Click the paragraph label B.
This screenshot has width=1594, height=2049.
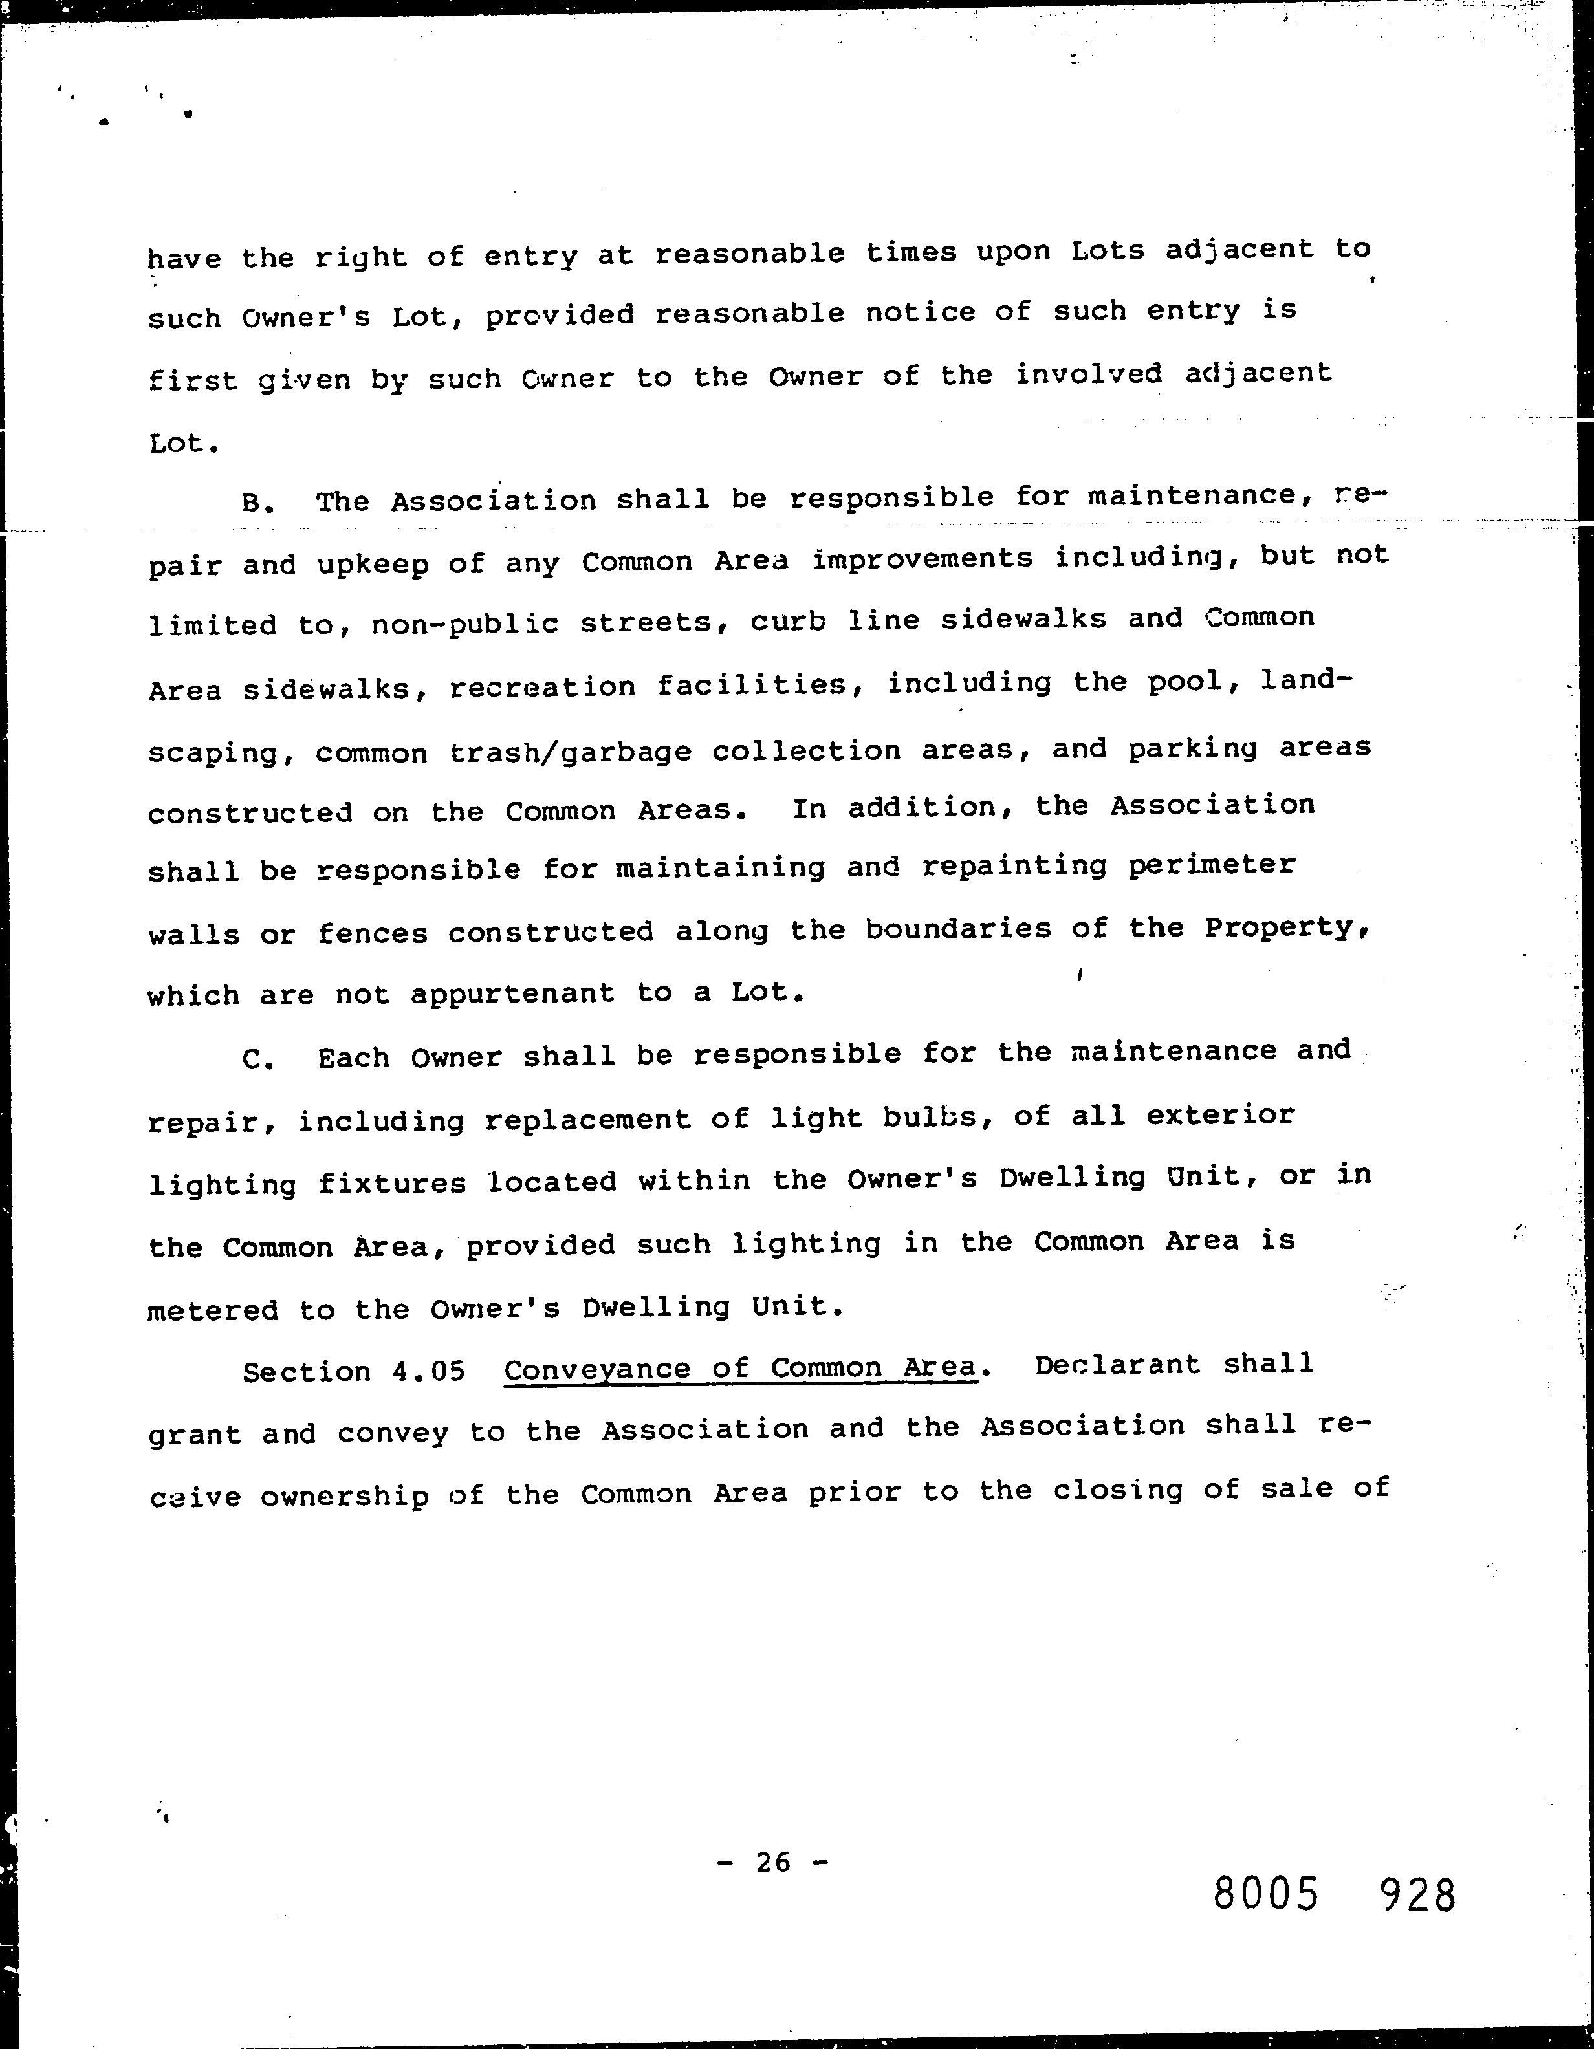tap(257, 504)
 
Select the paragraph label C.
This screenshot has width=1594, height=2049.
tap(257, 1060)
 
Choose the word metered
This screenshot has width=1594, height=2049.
tap(213, 1310)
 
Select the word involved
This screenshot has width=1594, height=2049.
tap(1088, 374)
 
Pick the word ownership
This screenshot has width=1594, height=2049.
tap(344, 1497)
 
